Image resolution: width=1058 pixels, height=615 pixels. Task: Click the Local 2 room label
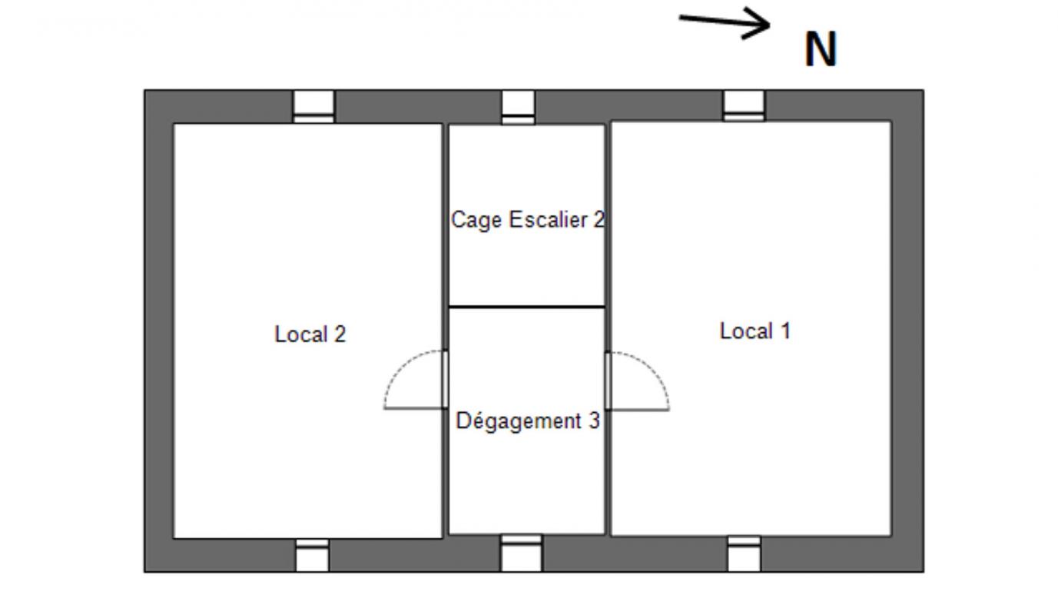click(x=310, y=334)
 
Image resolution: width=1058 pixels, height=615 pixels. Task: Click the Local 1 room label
click(x=755, y=331)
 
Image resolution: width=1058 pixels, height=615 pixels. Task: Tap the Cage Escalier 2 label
click(x=528, y=221)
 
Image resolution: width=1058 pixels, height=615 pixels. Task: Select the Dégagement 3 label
click(x=528, y=421)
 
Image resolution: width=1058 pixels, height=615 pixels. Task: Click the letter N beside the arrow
click(x=821, y=49)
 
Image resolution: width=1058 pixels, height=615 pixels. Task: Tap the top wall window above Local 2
click(x=313, y=107)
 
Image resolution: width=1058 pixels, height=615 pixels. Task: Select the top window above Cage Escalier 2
click(x=518, y=108)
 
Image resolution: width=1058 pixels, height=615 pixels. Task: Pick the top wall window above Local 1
click(x=744, y=106)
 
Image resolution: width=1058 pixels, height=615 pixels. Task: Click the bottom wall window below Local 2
click(x=312, y=555)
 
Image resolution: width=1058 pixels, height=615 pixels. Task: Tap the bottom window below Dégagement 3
click(x=522, y=553)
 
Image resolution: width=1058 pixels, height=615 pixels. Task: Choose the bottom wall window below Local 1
click(x=745, y=554)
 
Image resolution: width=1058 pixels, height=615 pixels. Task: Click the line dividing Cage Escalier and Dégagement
click(x=526, y=307)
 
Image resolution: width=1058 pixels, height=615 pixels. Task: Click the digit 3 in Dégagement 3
click(x=594, y=421)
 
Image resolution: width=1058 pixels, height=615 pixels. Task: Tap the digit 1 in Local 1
click(x=785, y=331)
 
